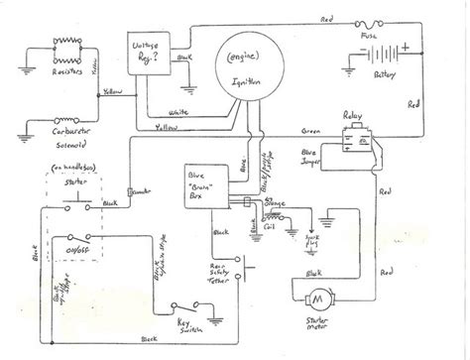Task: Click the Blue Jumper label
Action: (342, 156)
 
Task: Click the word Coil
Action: (272, 221)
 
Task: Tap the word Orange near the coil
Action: (277, 203)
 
